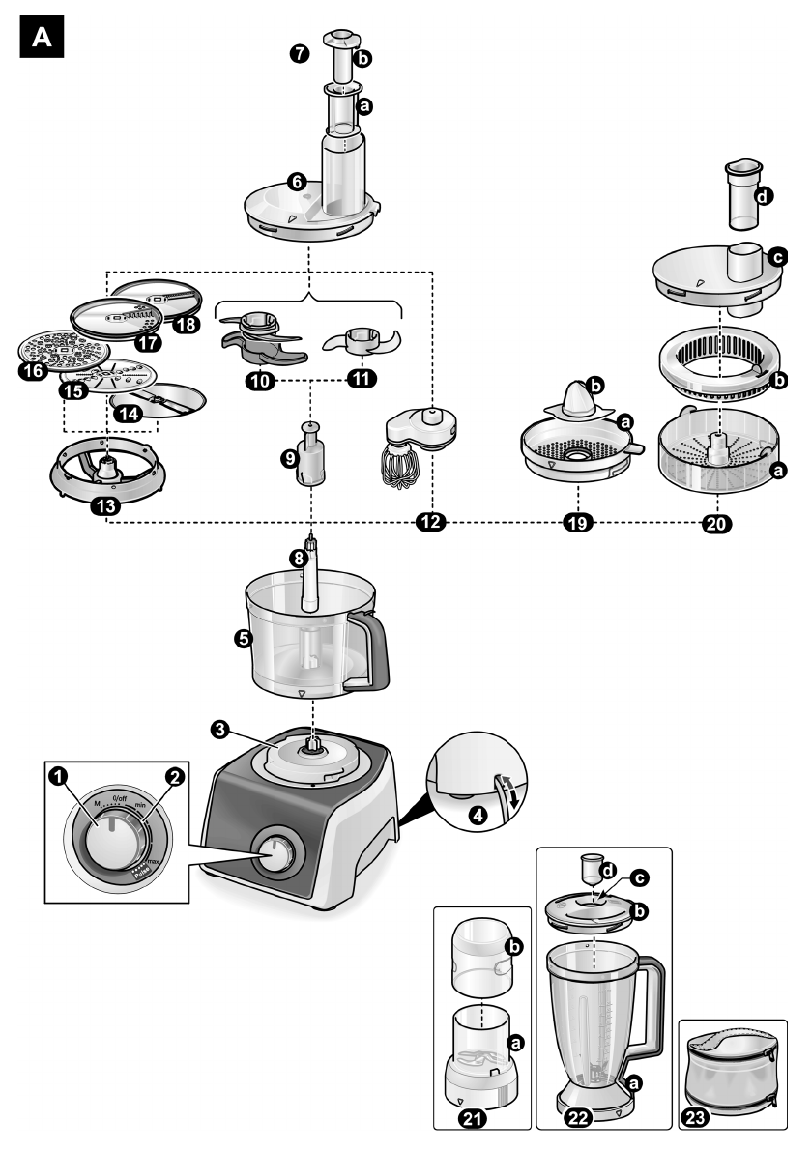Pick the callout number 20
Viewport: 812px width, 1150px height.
tap(717, 523)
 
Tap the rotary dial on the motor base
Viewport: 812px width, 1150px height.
tap(277, 854)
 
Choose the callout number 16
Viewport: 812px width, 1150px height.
tap(31, 370)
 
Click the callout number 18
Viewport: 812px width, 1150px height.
tap(185, 325)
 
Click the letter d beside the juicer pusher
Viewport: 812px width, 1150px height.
tap(764, 197)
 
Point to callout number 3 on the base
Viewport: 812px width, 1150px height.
tap(221, 732)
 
